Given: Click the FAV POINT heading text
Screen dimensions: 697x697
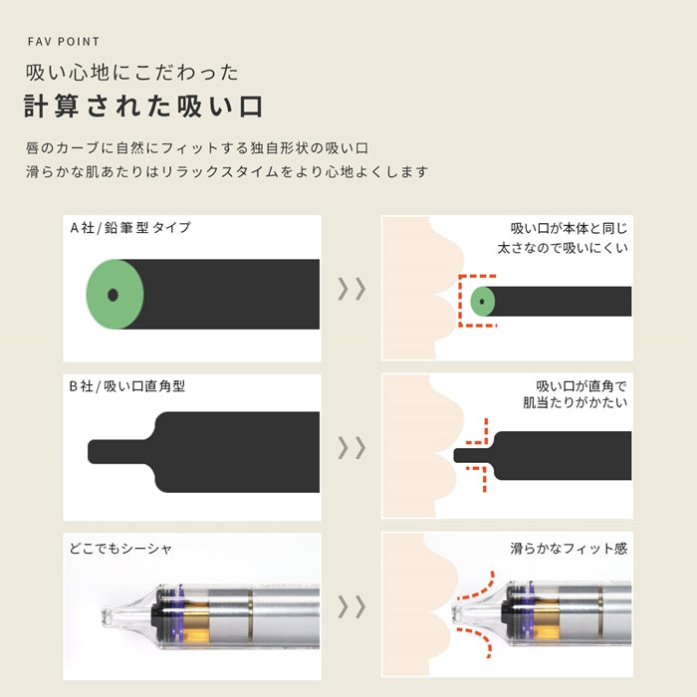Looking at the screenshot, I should pyautogui.click(x=63, y=42).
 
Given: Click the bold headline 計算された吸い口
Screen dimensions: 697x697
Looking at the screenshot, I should pyautogui.click(x=143, y=107).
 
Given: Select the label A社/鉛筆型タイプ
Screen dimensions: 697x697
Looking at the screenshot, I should pyautogui.click(x=130, y=227).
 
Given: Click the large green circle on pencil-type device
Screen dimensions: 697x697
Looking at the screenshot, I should pyautogui.click(x=115, y=294).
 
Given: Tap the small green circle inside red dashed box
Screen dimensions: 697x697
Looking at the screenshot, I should pyautogui.click(x=483, y=299).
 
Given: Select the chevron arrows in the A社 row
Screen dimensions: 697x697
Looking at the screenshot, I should pyautogui.click(x=351, y=289).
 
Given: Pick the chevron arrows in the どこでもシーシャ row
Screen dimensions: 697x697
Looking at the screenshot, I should pyautogui.click(x=351, y=607).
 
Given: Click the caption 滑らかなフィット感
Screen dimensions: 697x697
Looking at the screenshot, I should pyautogui.click(x=569, y=548).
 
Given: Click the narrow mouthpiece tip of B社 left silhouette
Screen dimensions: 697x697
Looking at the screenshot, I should pyautogui.click(x=105, y=451).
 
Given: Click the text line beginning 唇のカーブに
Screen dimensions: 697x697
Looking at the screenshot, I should pyautogui.click(x=198, y=148).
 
